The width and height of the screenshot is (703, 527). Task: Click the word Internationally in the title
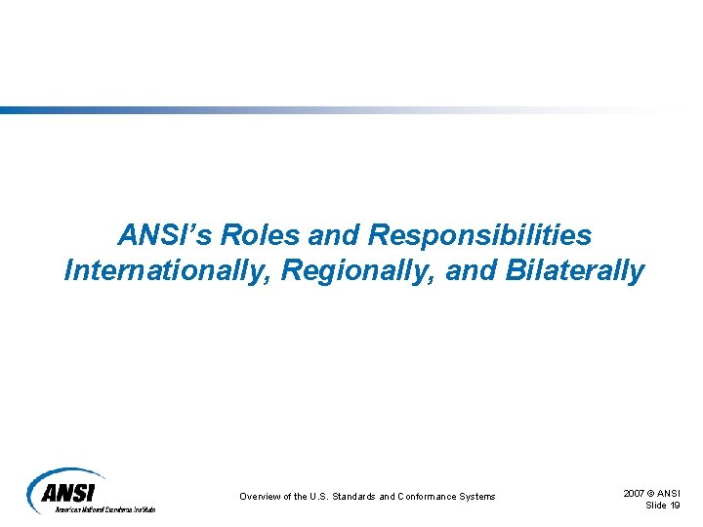[167, 270]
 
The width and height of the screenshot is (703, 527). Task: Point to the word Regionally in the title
[358, 270]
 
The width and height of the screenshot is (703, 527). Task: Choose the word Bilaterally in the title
[576, 270]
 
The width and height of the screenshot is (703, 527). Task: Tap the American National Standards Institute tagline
[104, 509]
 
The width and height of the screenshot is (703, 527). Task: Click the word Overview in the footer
[261, 497]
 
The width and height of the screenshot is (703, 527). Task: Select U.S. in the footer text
[319, 497]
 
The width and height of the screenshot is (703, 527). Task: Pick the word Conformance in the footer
[429, 497]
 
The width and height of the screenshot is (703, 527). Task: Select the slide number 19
[675, 505]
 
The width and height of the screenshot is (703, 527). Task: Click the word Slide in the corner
[656, 505]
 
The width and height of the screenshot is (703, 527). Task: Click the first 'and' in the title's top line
[335, 236]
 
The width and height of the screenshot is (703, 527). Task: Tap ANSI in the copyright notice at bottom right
[671, 494]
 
